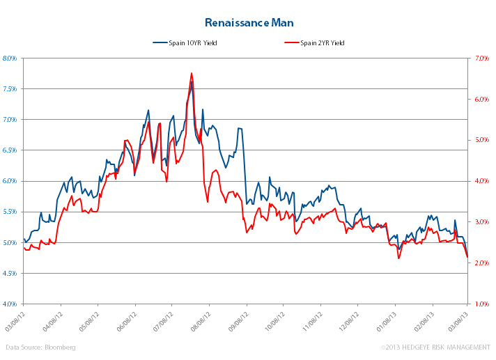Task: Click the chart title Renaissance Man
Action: click(x=247, y=23)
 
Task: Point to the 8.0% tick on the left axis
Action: click(x=10, y=58)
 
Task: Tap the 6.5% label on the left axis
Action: click(x=10, y=150)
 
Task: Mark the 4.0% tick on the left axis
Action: click(x=10, y=304)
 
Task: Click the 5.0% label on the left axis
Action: click(x=10, y=243)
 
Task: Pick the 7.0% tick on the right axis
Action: click(x=481, y=58)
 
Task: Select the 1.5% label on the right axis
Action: click(x=481, y=304)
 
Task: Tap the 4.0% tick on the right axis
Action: click(x=481, y=181)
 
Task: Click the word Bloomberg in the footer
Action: click(x=61, y=347)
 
